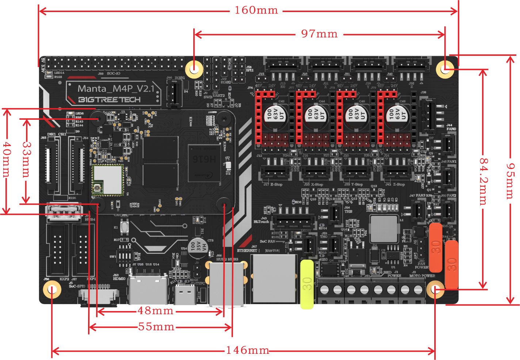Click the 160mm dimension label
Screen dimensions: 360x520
[256, 10]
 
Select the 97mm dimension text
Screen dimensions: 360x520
[319, 34]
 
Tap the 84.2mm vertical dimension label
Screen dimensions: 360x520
[483, 181]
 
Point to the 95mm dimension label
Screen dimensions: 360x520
[510, 180]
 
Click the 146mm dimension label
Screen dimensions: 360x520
[247, 351]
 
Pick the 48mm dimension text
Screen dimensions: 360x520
[156, 311]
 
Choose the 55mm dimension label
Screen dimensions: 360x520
[156, 327]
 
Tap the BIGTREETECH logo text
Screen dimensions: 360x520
[110, 100]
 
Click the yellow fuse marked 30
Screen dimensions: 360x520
[307, 284]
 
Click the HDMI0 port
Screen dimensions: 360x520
[148, 290]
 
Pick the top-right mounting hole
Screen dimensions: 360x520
[445, 69]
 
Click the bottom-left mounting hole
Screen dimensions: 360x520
[52, 290]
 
